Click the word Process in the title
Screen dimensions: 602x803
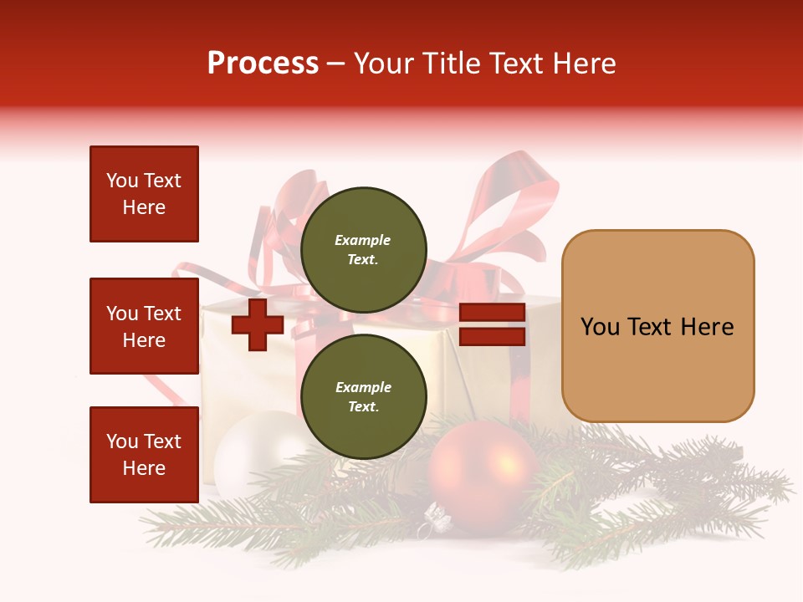[x=263, y=64]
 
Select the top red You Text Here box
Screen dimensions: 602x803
[x=144, y=194]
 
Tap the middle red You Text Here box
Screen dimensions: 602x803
[x=144, y=326]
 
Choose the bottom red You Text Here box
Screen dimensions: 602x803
[x=144, y=455]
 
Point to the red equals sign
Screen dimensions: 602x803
[x=492, y=325]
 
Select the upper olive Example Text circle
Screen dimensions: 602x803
[x=363, y=249]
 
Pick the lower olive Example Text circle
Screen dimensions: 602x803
[x=363, y=396]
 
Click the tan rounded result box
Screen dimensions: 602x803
[x=657, y=326]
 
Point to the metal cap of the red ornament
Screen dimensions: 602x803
[x=437, y=520]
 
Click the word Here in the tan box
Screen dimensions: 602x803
[x=707, y=327]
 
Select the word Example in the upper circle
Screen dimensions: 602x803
[x=363, y=240]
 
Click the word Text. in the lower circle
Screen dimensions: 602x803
[x=363, y=406]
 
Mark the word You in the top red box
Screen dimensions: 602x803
[x=122, y=181]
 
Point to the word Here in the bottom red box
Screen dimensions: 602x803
[x=144, y=468]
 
